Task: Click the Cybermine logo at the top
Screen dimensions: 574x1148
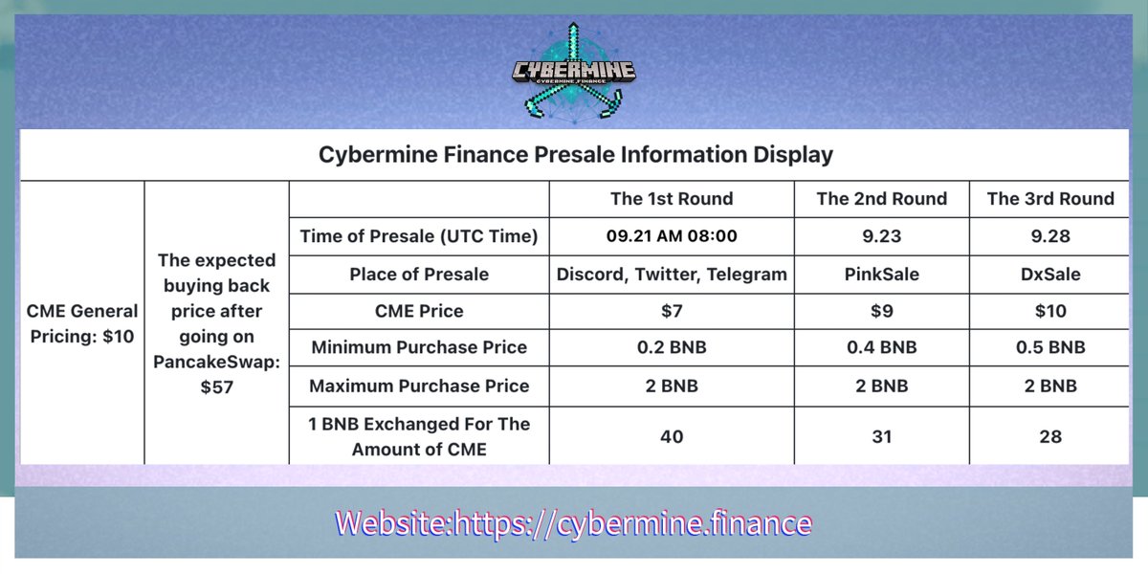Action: pyautogui.click(x=574, y=73)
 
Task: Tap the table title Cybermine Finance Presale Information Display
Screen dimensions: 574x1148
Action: pyautogui.click(x=575, y=154)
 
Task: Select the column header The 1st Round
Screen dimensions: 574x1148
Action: pyautogui.click(x=672, y=199)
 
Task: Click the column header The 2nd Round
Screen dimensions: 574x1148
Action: pyautogui.click(x=881, y=199)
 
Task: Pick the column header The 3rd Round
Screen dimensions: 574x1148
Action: pyautogui.click(x=1050, y=199)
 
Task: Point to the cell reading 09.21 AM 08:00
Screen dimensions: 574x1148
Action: pyautogui.click(x=672, y=236)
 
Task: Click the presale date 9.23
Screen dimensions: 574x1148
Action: pyautogui.click(x=881, y=236)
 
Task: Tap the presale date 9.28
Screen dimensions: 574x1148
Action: pyautogui.click(x=1050, y=236)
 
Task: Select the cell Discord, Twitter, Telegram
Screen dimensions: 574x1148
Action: pyautogui.click(x=672, y=275)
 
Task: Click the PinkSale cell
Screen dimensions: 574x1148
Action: pyautogui.click(x=881, y=275)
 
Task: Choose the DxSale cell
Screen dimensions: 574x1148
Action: pyautogui.click(x=1050, y=275)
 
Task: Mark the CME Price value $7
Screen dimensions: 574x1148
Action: pyautogui.click(x=672, y=311)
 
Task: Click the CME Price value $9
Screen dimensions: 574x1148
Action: pyautogui.click(x=881, y=311)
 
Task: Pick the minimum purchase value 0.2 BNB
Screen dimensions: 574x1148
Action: pyautogui.click(x=672, y=348)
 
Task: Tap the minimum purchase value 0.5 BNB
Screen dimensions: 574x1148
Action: pyautogui.click(x=1050, y=348)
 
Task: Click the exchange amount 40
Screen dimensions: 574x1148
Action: pyautogui.click(x=672, y=436)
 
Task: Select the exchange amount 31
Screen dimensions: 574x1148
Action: pyautogui.click(x=881, y=436)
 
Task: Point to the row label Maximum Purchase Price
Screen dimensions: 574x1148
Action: pyautogui.click(x=420, y=386)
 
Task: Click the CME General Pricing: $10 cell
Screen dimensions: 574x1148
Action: pyautogui.click(x=82, y=323)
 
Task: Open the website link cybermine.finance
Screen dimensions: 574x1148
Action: pyautogui.click(x=574, y=523)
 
